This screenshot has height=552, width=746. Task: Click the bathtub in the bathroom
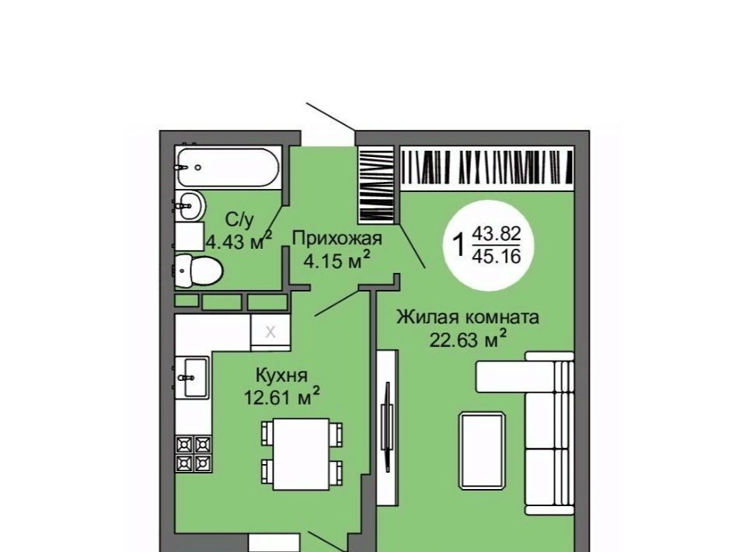228,166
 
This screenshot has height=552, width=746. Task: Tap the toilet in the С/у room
199,271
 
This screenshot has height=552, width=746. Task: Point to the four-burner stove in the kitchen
193,453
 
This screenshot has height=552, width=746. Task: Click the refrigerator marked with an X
270,332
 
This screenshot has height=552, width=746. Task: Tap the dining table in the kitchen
302,454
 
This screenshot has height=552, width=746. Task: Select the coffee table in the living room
482,451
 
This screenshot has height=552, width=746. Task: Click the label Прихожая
336,237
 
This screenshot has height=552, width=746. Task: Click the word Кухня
281,376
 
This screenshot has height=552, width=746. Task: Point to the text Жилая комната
468,316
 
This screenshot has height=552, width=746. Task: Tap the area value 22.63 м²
468,339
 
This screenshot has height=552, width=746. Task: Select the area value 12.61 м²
281,397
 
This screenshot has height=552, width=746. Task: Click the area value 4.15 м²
336,260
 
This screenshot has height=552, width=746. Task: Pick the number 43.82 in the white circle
497,234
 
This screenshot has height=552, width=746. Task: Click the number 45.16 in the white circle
497,257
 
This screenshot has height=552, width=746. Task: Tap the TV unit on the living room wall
387,427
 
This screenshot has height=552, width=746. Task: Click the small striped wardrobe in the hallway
376,184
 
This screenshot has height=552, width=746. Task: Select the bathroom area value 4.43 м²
239,242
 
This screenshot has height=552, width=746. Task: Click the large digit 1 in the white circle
459,245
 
